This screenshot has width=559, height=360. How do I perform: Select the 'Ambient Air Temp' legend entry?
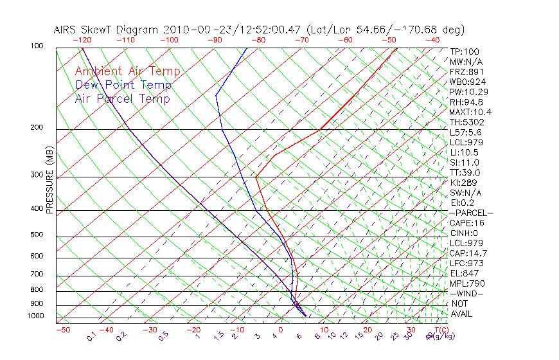[x=127, y=71]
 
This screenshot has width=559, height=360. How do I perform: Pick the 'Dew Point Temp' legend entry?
[x=123, y=85]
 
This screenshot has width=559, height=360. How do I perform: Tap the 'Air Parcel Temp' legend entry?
[x=122, y=98]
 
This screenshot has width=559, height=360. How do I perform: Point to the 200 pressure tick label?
[x=37, y=127]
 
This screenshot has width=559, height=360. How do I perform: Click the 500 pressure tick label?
[x=37, y=235]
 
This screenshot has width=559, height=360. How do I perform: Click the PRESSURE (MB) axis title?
[x=49, y=180]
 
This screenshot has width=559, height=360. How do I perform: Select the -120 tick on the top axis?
[x=82, y=40]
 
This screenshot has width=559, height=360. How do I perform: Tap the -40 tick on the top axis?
[x=432, y=40]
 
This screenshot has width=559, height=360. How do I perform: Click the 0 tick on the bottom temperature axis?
[x=280, y=330]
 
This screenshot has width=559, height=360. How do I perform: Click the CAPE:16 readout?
[x=467, y=223]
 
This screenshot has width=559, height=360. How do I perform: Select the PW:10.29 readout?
[x=469, y=92]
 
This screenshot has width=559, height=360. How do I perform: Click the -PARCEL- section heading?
[x=471, y=213]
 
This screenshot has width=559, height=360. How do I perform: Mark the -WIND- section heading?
[x=467, y=293]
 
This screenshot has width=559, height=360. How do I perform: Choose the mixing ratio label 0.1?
[x=91, y=336]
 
